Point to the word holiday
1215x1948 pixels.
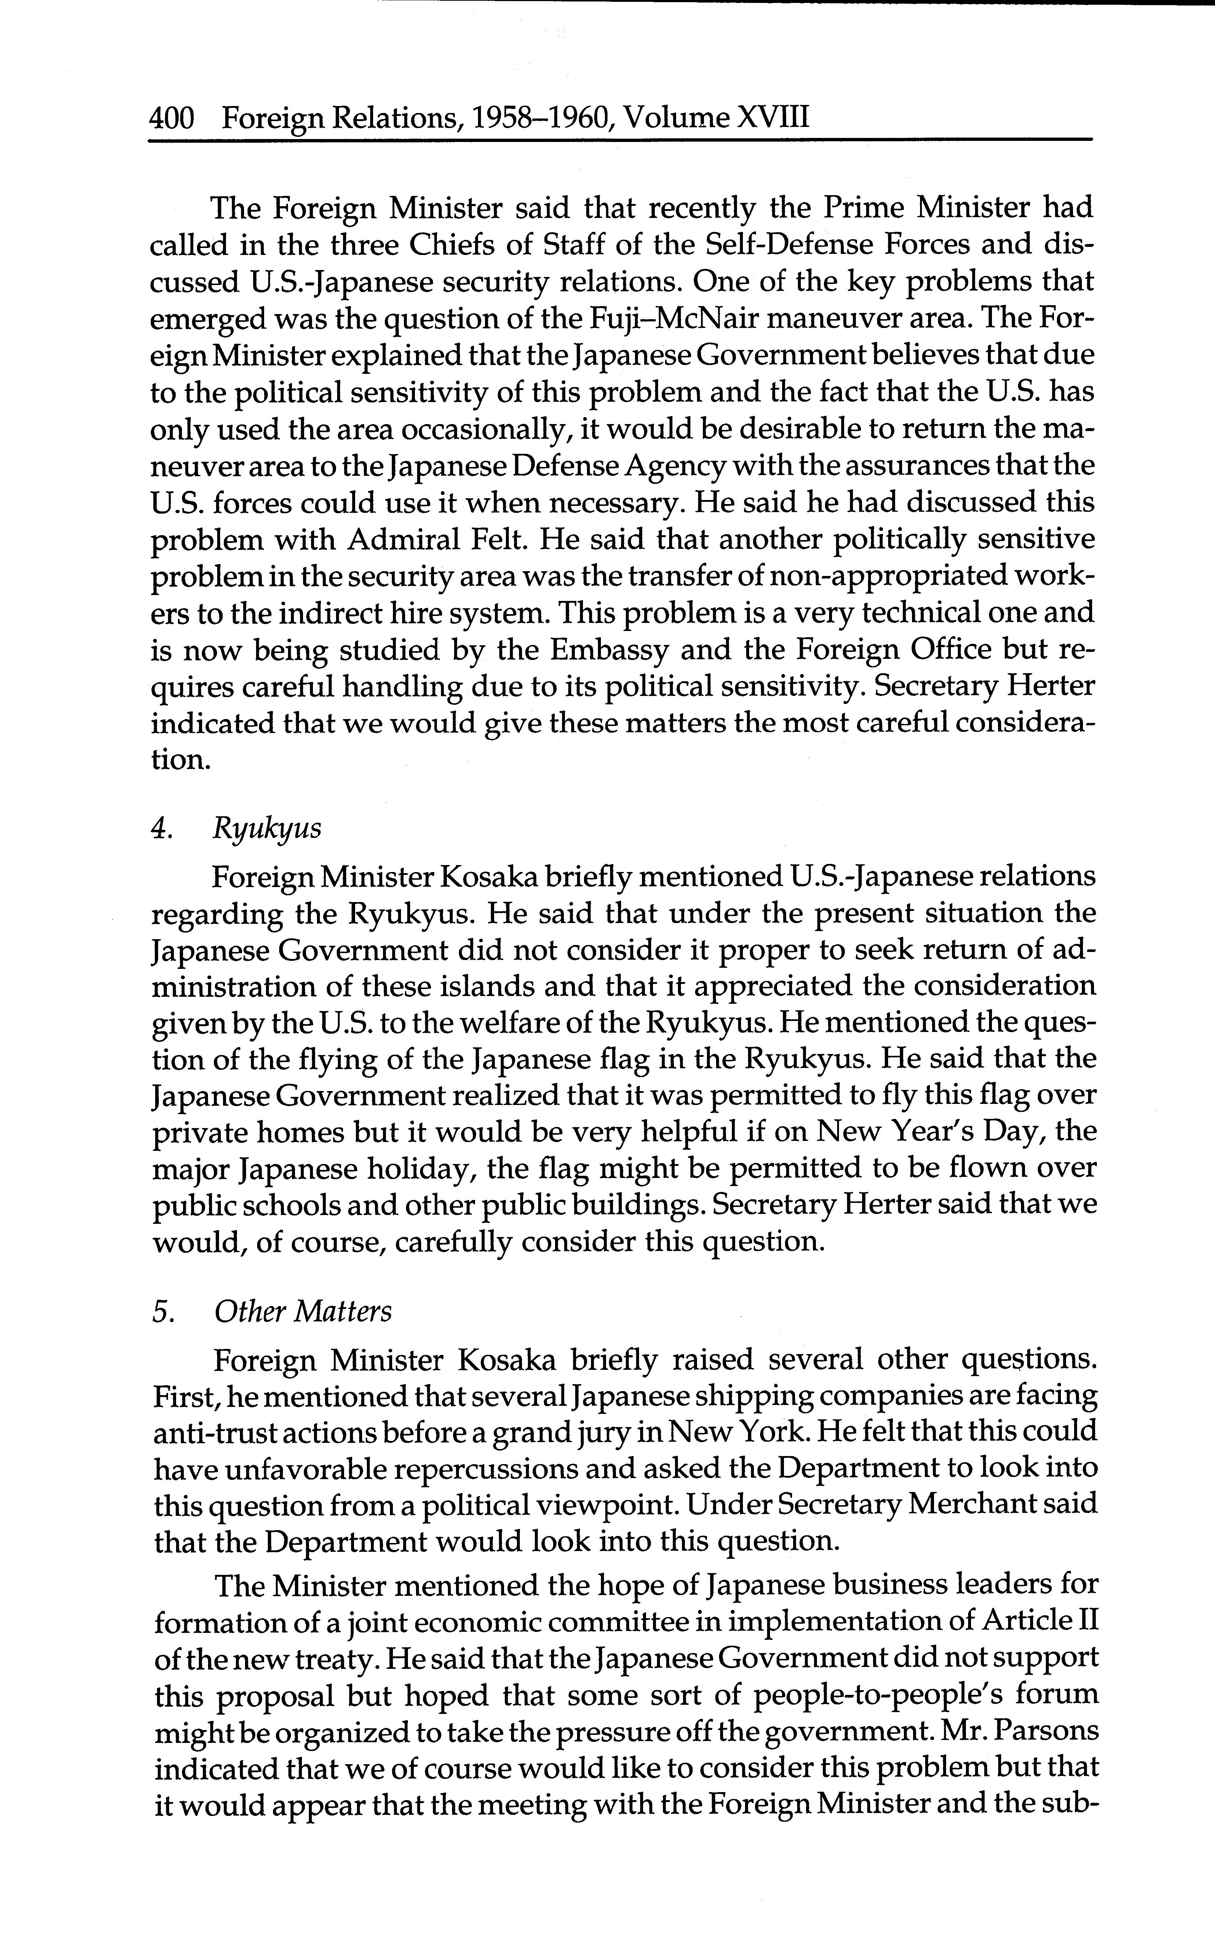point(415,1167)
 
